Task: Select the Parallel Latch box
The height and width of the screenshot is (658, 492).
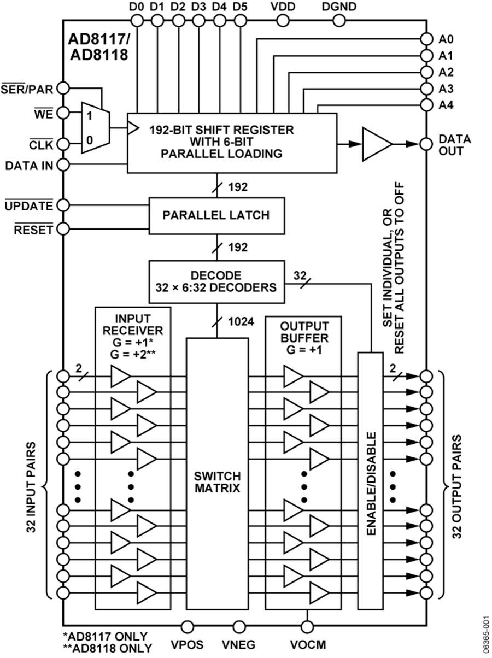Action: click(216, 215)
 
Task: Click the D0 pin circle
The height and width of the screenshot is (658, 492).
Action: click(137, 21)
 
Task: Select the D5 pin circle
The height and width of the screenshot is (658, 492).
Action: click(239, 21)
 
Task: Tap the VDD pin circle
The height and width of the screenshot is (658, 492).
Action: click(283, 21)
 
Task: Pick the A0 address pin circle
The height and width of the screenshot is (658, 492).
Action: click(426, 39)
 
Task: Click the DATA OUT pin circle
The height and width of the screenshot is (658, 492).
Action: click(426, 144)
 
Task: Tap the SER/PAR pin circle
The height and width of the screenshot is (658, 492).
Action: click(64, 88)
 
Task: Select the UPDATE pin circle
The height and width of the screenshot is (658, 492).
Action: click(64, 205)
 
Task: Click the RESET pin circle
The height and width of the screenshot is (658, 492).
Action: click(64, 229)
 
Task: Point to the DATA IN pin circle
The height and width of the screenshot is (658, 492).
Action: click(64, 164)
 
